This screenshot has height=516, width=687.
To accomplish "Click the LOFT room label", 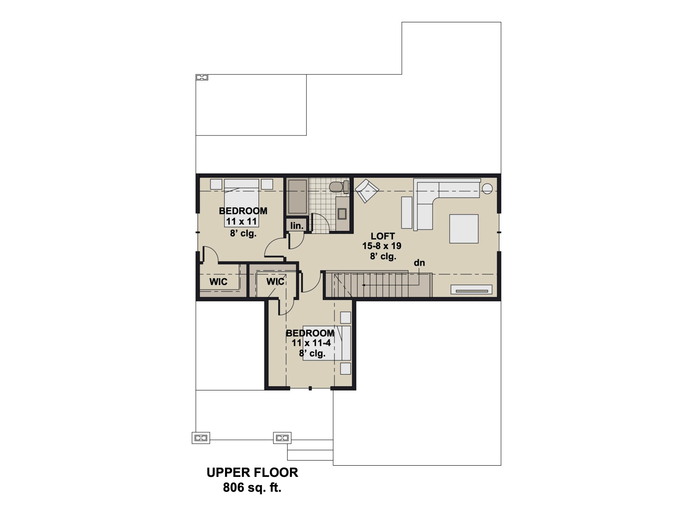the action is [383, 236].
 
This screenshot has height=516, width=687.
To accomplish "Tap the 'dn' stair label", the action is [419, 263].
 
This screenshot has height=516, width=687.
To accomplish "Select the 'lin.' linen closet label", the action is [297, 225].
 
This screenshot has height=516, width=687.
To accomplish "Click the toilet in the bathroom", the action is [339, 187].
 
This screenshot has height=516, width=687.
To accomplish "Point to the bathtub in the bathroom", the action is [297, 197].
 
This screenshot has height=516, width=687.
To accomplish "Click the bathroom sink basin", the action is [342, 213].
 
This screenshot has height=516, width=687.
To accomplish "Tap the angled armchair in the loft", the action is [367, 190].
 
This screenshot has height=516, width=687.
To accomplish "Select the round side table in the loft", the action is [487, 189].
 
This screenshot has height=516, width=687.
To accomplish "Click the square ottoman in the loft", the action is [464, 229].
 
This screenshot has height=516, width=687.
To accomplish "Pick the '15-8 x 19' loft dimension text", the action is [382, 246].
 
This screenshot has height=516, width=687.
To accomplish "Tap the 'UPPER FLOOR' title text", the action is [252, 473].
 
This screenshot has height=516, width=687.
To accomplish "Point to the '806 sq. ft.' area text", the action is [252, 488].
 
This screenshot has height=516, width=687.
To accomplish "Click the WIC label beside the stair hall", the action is [275, 281].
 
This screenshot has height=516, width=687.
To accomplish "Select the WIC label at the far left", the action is [218, 282].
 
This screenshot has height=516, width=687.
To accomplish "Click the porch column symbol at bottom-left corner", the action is [201, 438].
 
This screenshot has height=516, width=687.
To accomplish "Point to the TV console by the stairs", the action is [471, 289].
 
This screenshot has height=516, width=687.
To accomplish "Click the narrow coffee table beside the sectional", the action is [407, 212].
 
